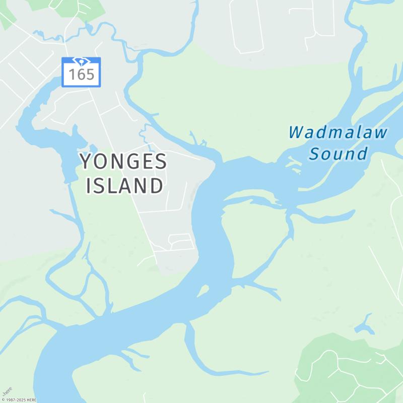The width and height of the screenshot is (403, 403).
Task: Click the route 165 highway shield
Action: click(x=81, y=72)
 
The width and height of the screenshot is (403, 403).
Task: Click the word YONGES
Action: click(x=123, y=162)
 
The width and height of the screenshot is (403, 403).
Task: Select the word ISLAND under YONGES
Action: click(x=124, y=185)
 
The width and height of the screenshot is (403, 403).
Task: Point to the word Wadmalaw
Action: click(x=338, y=133)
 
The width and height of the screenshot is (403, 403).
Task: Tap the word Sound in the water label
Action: click(x=338, y=154)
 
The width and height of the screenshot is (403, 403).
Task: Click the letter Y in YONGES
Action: click(x=86, y=162)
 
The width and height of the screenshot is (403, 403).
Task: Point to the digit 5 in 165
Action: click(x=90, y=75)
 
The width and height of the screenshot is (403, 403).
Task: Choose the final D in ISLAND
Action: click(x=156, y=185)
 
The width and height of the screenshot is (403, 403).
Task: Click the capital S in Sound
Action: click(x=315, y=154)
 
